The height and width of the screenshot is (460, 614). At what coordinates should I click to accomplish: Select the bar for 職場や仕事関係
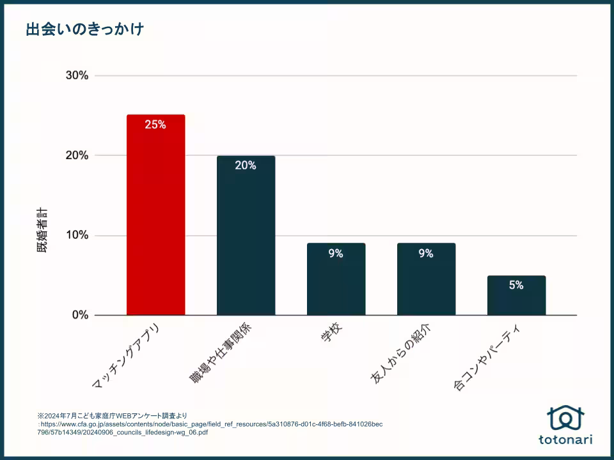(x=246, y=236)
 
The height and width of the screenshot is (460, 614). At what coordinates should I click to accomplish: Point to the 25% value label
(x=155, y=125)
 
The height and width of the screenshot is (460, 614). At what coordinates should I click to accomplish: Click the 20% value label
(x=246, y=165)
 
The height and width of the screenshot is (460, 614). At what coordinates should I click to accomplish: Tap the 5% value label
(x=516, y=285)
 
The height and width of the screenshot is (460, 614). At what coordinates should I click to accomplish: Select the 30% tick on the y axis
(x=77, y=75)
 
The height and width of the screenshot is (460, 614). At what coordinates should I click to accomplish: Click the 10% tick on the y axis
(x=77, y=235)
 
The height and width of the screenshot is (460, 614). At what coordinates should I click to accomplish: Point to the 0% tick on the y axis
(x=79, y=315)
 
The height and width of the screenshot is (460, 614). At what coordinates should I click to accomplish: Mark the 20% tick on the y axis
(x=77, y=155)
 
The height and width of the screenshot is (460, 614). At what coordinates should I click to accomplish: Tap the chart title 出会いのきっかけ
(x=84, y=29)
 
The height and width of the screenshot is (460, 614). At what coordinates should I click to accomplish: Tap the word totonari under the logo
(x=565, y=440)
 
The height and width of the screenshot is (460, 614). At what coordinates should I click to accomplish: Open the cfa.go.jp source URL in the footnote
(x=211, y=427)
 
